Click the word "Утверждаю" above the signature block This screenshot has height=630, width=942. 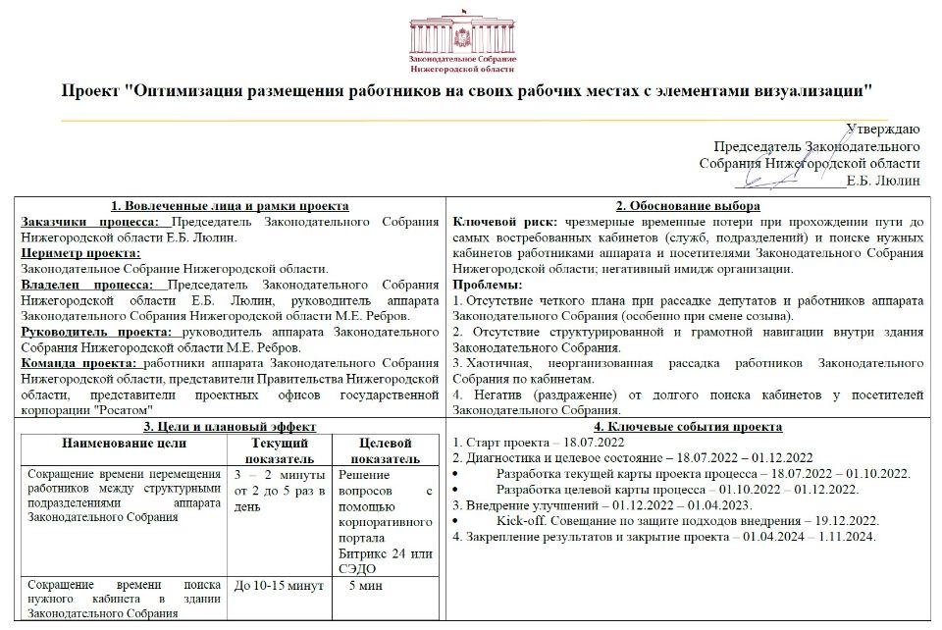pyautogui.click(x=882, y=129)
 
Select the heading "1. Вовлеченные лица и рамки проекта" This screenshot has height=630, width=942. pyautogui.click(x=230, y=206)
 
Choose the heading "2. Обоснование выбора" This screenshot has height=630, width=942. pyautogui.click(x=687, y=206)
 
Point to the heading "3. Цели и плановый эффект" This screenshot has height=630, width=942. pyautogui.click(x=230, y=427)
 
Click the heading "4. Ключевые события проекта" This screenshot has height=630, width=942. pyautogui.click(x=688, y=427)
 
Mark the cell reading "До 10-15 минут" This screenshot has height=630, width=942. pyautogui.click(x=279, y=587)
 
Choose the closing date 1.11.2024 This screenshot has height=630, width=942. pyautogui.click(x=842, y=537)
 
